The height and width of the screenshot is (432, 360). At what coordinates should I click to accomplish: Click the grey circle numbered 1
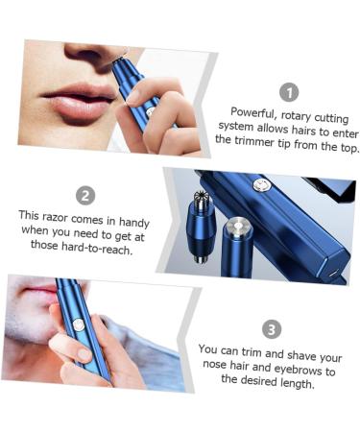coord(289,92)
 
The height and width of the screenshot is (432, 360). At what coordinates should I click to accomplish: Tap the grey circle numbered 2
coord(85,195)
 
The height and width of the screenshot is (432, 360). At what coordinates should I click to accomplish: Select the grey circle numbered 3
coord(272,328)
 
